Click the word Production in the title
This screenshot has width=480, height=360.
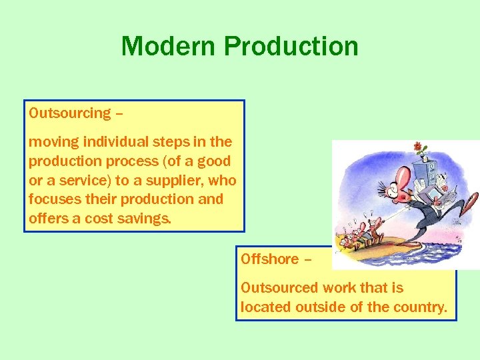291,47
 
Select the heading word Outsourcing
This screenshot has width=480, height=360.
69,113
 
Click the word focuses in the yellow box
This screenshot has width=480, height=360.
51,199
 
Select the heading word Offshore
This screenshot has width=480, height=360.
269,259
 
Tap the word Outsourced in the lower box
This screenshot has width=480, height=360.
279,288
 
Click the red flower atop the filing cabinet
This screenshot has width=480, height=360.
418,147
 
